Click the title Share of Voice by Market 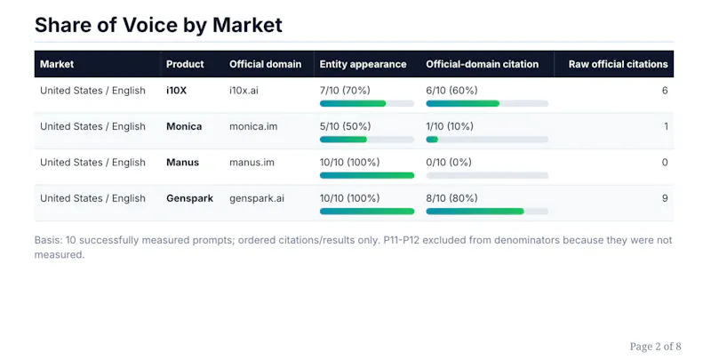158,25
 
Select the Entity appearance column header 363,64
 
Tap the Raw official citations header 618,64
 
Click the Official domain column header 265,64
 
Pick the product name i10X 176,91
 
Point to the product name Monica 184,126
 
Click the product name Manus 183,163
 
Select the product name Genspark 189,198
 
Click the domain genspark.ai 257,198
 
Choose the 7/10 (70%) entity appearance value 345,91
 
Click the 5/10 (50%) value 345,126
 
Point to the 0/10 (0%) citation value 449,163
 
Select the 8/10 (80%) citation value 451,198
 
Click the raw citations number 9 665,198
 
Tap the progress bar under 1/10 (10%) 487,140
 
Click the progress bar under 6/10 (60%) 487,103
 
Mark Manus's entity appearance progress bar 367,175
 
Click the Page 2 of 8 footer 655,347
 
